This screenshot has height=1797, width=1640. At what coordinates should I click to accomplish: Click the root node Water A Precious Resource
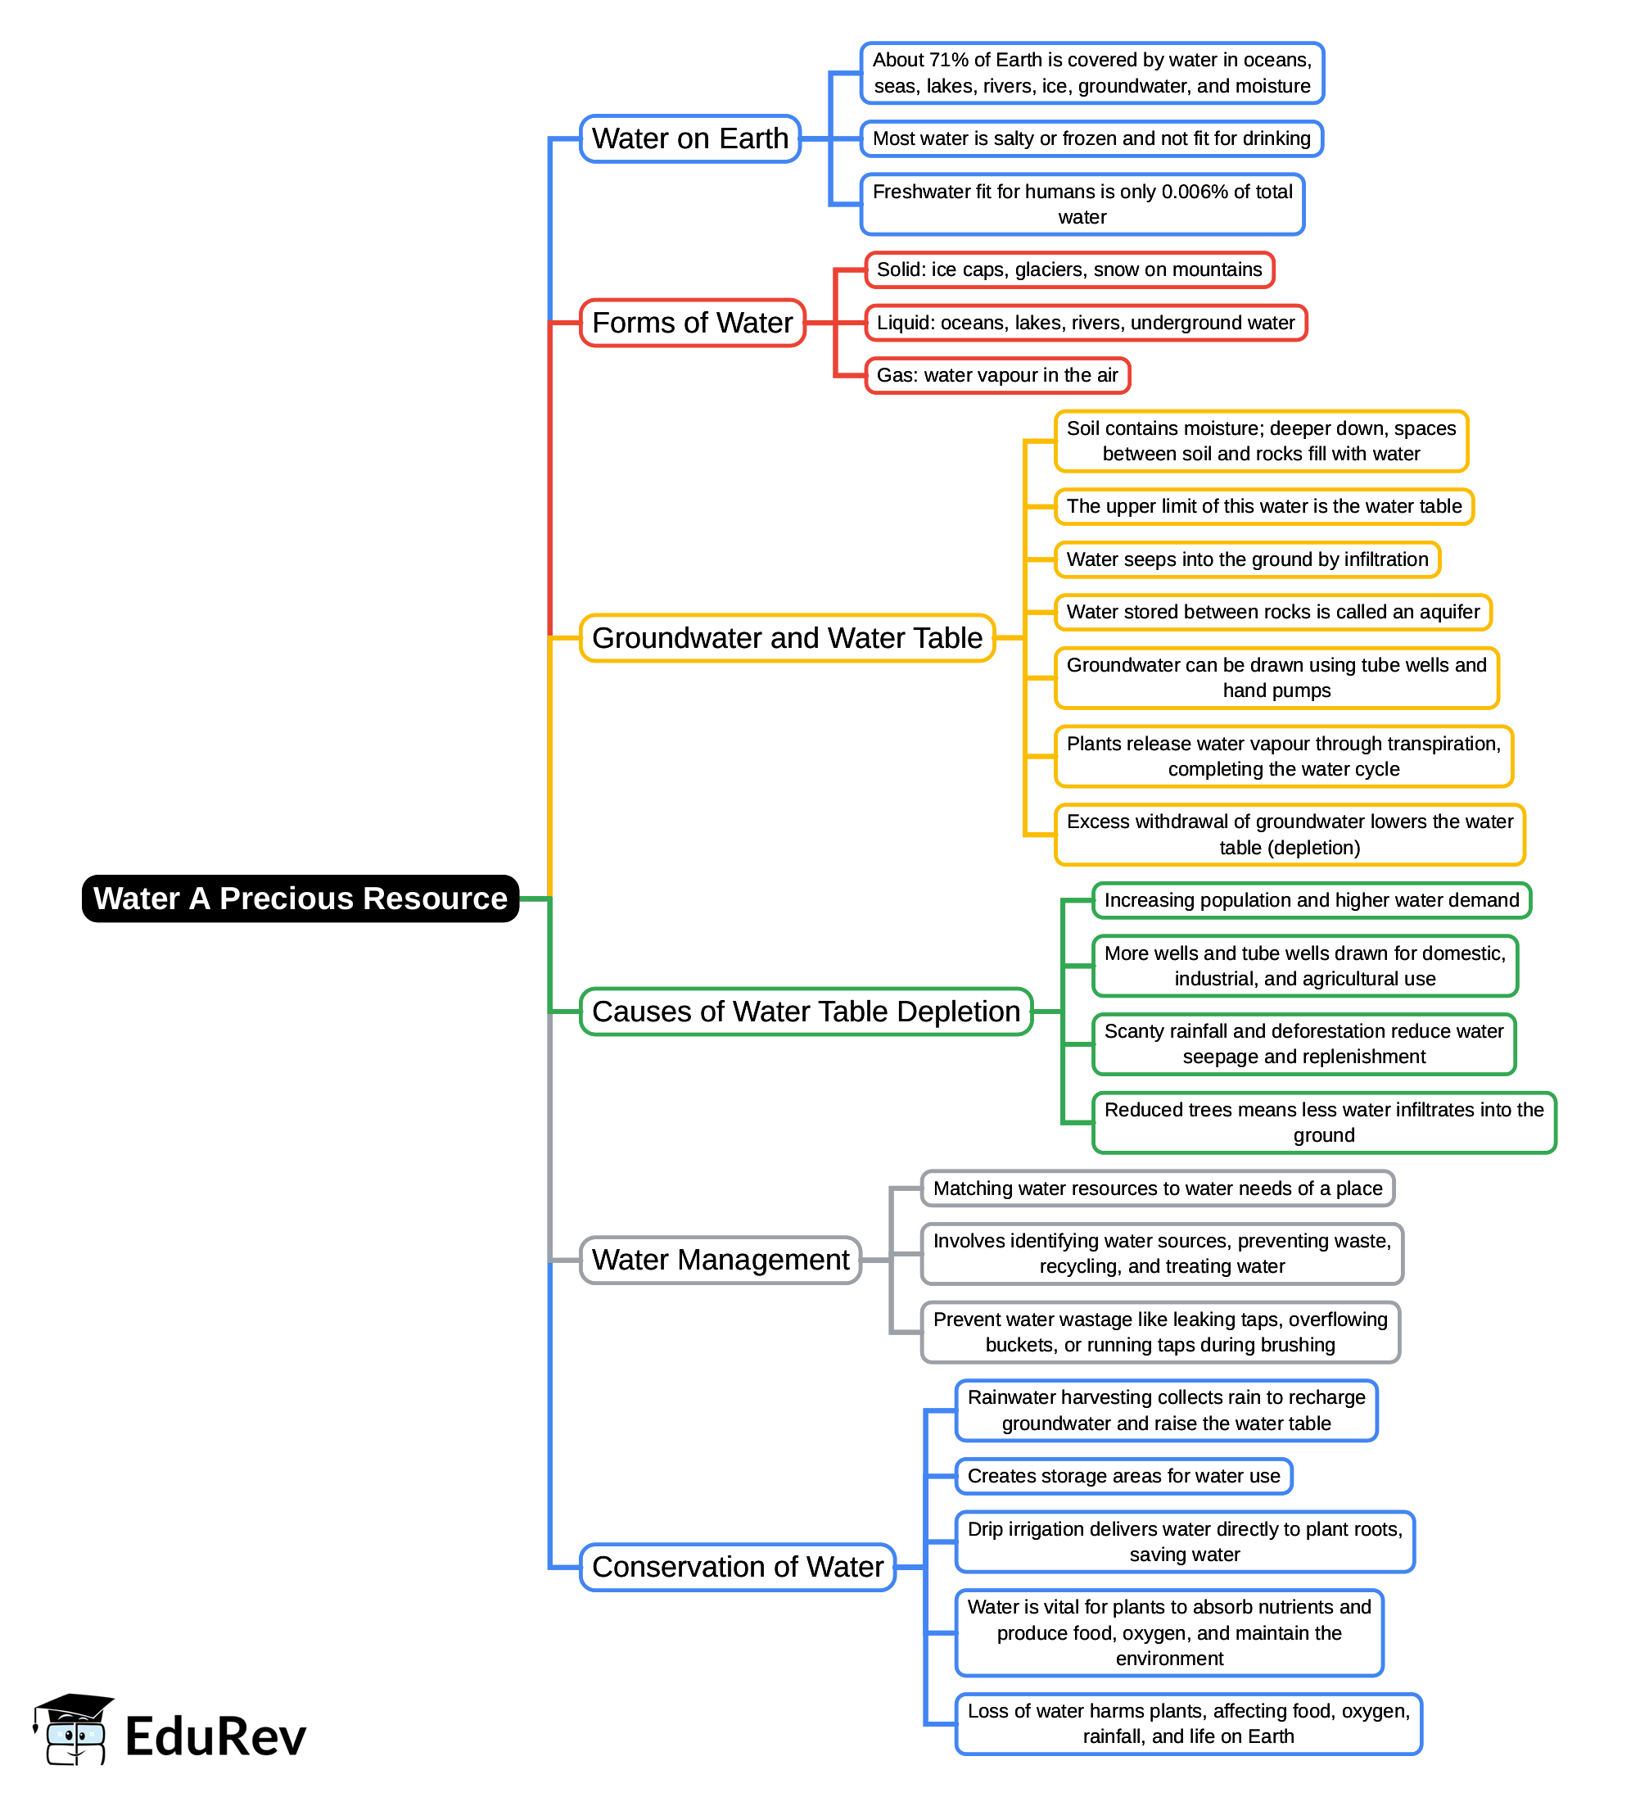coord(300,898)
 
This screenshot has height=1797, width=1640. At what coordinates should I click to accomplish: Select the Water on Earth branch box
coord(690,139)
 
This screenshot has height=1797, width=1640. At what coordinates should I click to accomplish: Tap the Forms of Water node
coord(692,323)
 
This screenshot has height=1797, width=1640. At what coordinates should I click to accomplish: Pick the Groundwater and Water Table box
coord(786,638)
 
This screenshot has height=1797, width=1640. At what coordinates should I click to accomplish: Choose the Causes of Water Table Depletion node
coord(806,1012)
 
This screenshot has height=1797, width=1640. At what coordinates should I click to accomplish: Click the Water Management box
coord(721,1260)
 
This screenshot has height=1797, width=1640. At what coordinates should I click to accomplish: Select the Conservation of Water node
coord(737,1567)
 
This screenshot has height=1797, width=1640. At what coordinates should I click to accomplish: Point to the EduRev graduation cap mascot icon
coord(73,1729)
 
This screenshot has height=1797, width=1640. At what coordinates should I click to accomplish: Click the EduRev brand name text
coord(215,1736)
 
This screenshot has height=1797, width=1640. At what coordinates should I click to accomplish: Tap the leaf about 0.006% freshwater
coord(1082,204)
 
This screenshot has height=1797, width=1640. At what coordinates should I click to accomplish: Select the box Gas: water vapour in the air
coord(996,375)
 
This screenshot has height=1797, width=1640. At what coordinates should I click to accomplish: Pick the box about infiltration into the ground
coord(1246,559)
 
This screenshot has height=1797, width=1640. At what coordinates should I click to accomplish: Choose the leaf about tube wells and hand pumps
coord(1276,677)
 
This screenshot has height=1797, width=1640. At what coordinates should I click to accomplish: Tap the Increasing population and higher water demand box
coord(1311,900)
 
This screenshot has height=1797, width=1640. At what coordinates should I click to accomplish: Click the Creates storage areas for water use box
coord(1123,1476)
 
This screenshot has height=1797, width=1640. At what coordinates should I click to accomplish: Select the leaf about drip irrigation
coord(1184,1541)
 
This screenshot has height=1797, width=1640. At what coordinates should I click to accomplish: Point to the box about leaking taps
coord(1159,1332)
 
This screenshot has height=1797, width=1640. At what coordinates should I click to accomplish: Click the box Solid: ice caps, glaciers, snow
coord(1068,270)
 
